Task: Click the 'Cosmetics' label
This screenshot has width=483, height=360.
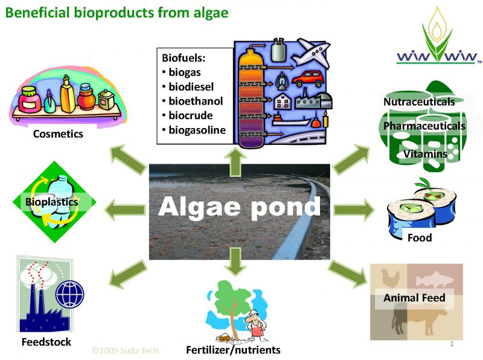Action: (58, 134)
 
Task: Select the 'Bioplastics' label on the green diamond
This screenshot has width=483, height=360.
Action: (51, 202)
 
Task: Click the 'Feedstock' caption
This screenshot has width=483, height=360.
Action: (46, 342)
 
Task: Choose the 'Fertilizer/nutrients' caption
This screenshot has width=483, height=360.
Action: (233, 350)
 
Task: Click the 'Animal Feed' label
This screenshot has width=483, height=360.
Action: (414, 297)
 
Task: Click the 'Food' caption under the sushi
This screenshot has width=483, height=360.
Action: (420, 237)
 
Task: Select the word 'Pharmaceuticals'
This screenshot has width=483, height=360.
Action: (424, 126)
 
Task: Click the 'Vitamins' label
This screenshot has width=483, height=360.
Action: (425, 153)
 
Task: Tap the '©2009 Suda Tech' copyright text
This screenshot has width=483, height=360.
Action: (124, 350)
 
